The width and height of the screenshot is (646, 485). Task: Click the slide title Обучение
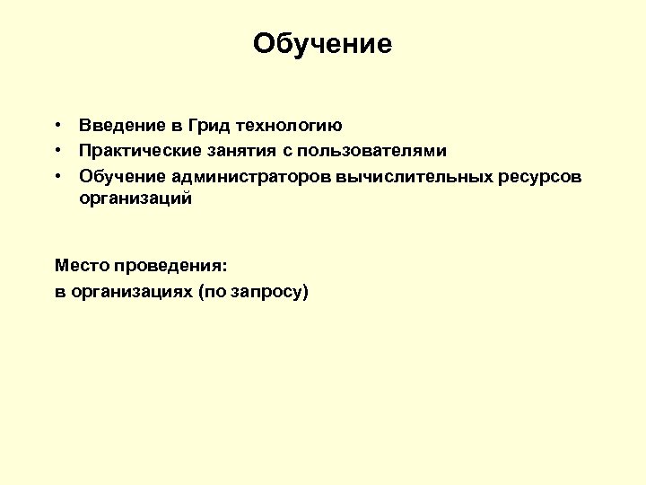point(322,44)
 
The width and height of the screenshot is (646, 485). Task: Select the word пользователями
point(377,151)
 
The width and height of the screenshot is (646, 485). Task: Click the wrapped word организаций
point(135,199)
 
